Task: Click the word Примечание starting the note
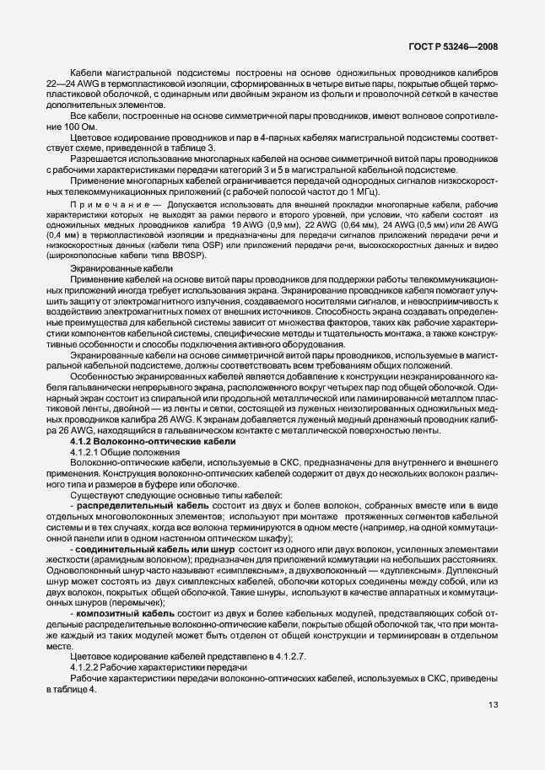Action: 111,203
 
